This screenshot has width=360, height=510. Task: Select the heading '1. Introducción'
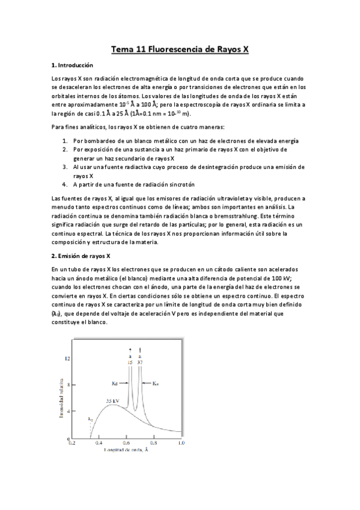tap(72, 66)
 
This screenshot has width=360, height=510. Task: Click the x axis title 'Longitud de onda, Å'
tap(126, 450)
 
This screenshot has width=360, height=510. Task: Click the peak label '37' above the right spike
tap(139, 362)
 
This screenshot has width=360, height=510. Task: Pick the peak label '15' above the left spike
tap(129, 362)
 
